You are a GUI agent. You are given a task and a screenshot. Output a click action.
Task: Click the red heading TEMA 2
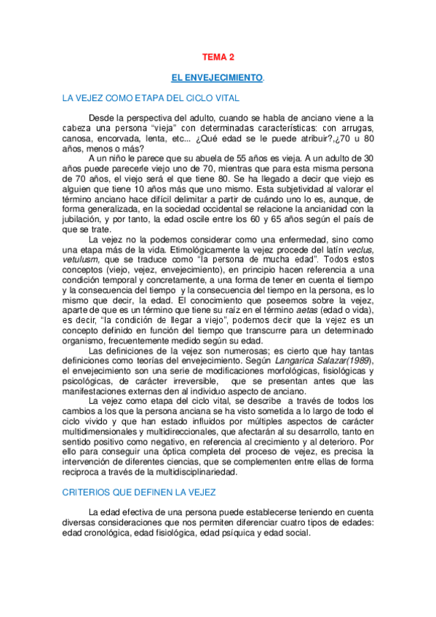[x=218, y=56]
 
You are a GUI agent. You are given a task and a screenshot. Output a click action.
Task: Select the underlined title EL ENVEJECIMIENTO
[x=216, y=76]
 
